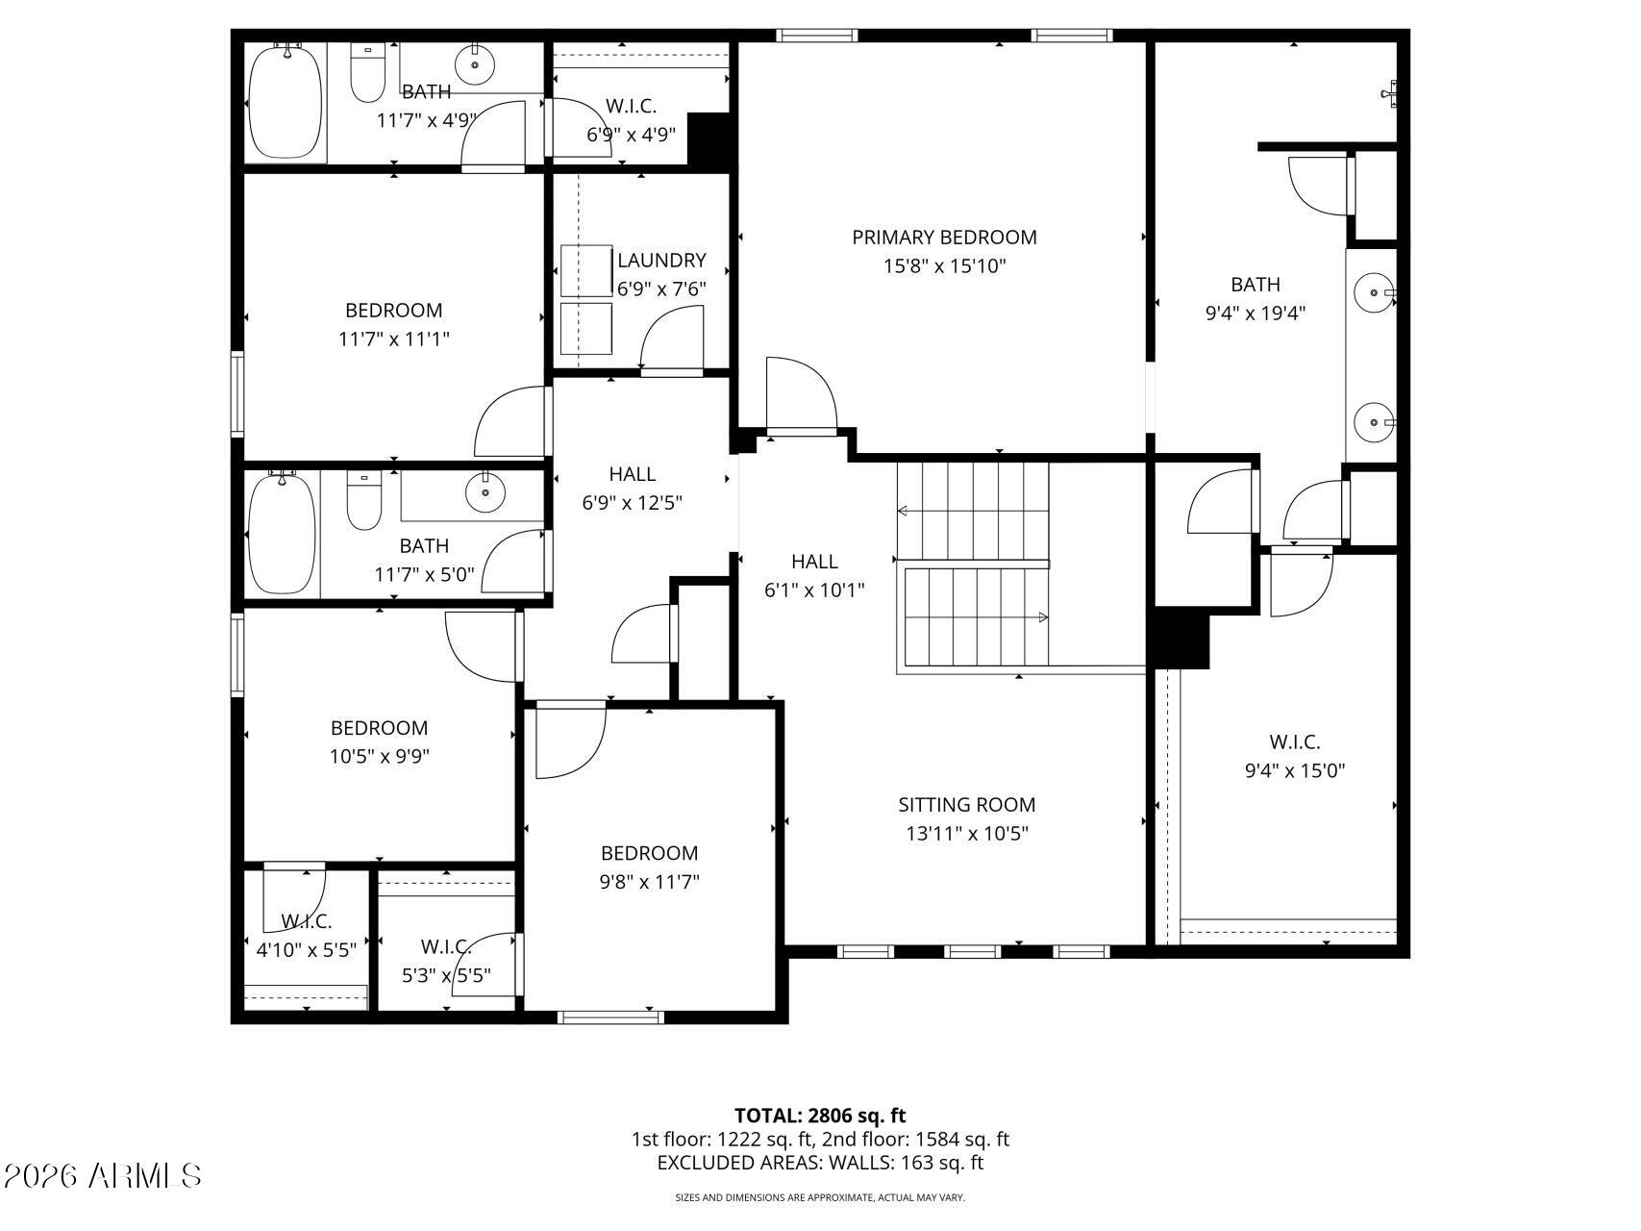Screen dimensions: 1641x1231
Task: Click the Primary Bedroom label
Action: point(944,237)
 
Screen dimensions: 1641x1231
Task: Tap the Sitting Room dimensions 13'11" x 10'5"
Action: point(967,834)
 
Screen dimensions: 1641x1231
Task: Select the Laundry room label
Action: point(661,260)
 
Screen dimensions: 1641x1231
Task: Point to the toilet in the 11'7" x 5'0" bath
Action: point(364,501)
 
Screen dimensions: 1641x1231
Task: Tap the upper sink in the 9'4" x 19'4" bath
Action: point(1374,290)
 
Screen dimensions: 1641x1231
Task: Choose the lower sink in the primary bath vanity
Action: point(1374,421)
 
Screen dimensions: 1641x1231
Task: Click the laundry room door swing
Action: point(670,338)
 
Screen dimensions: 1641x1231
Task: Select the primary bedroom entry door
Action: point(801,395)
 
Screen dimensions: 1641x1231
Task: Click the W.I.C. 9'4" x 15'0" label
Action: point(1294,756)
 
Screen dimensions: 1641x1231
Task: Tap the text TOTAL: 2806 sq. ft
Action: point(820,1116)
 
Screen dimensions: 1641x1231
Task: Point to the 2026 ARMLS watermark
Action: point(102,1175)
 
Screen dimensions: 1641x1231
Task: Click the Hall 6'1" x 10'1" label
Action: point(814,575)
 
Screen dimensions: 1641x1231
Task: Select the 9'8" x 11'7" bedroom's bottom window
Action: point(610,1017)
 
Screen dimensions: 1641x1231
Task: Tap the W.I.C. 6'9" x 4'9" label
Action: point(632,120)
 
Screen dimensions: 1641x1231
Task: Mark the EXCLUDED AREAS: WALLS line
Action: point(820,1163)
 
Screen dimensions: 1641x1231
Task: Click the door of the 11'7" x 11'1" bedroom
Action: point(512,421)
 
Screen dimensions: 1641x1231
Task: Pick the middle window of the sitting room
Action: point(973,952)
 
